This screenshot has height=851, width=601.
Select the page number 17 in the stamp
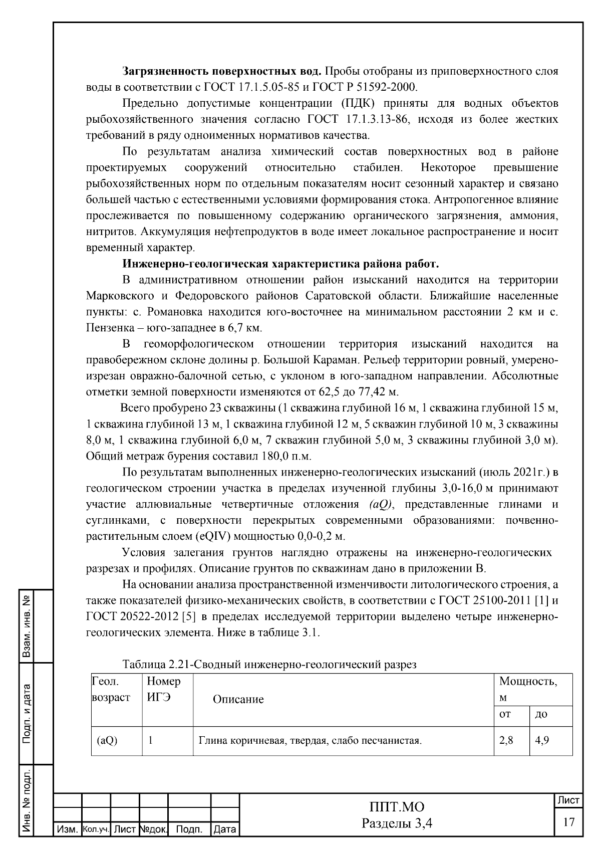pyautogui.click(x=568, y=822)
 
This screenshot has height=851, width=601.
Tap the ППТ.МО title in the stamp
pyautogui.click(x=396, y=807)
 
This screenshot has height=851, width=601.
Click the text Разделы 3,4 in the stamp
pyautogui.click(x=396, y=823)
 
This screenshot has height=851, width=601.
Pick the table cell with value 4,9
pyautogui.click(x=542, y=740)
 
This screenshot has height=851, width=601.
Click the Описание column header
pyautogui.click(x=238, y=699)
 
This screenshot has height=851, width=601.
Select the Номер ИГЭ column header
pyautogui.click(x=164, y=689)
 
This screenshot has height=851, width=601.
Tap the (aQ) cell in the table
pyautogui.click(x=107, y=740)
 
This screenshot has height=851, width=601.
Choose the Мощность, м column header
pyautogui.click(x=528, y=688)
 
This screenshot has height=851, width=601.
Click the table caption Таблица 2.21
pyautogui.click(x=269, y=665)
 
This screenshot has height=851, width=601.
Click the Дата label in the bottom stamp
pyautogui.click(x=224, y=829)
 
